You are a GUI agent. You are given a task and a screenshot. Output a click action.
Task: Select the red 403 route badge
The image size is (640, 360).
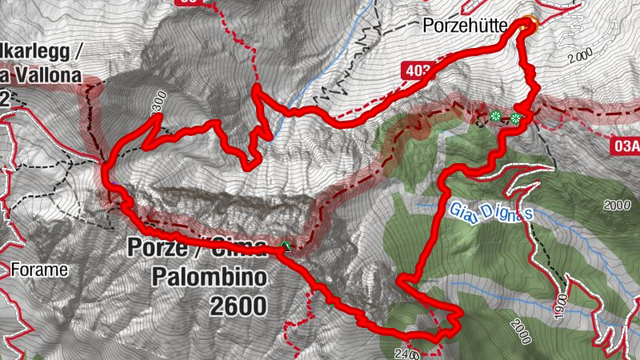(416, 71)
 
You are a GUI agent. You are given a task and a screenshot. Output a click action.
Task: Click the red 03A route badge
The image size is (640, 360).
(626, 146)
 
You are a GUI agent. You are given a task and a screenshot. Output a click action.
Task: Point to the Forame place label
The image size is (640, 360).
(39, 270)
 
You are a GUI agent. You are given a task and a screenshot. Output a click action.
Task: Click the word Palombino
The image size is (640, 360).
(209, 278)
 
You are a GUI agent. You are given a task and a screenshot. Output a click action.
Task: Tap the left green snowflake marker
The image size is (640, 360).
(496, 117)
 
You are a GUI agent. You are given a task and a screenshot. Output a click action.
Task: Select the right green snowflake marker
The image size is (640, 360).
(516, 119)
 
